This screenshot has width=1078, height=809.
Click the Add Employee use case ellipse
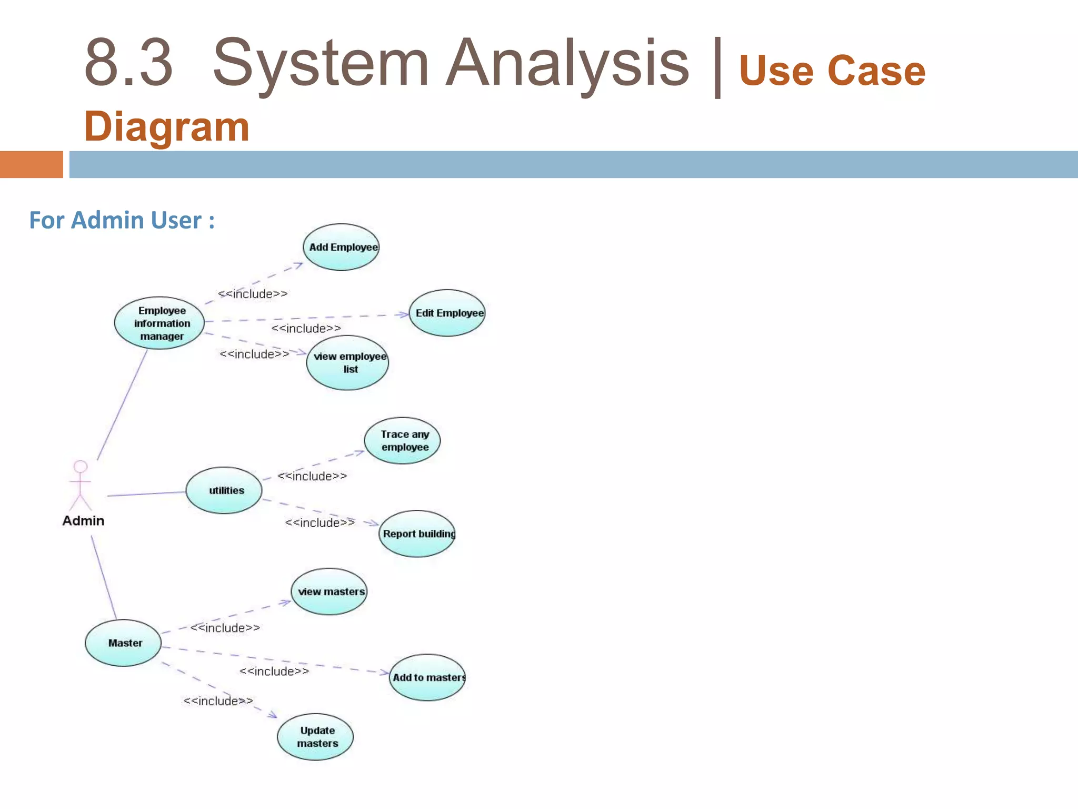pos(341,247)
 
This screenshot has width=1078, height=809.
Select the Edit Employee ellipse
pos(447,313)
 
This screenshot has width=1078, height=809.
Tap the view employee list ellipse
pos(347,363)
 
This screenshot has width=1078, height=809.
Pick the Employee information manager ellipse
pos(159,323)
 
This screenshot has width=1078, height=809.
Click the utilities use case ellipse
pos(224,490)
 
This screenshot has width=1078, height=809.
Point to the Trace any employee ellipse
pos(402,441)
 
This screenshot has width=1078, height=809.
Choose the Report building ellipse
pos(417,534)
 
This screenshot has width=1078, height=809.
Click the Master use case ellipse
pos(123,643)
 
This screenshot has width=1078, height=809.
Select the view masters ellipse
pos(329,591)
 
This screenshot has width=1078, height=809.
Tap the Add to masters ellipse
pos(427,677)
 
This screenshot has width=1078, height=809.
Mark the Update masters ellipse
pos(315,737)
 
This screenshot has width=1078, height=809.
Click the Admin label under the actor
pos(83,521)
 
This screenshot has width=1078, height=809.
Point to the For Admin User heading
pos(122,220)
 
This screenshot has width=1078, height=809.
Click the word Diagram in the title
pos(166,127)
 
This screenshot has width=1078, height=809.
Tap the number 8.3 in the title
pos(128,63)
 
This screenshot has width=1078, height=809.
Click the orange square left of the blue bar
pos(32,164)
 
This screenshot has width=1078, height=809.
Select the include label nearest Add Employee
pos(253,294)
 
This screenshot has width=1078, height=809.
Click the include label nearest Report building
pos(320,522)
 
